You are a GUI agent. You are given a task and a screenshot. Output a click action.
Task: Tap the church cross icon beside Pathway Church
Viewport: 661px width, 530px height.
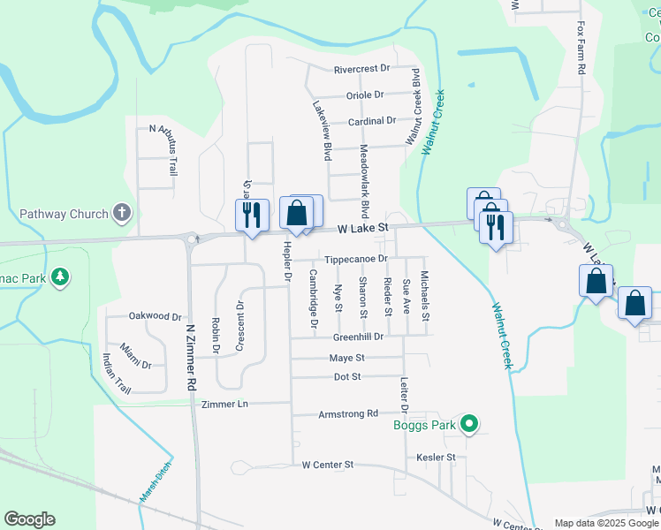pyautogui.click(x=123, y=213)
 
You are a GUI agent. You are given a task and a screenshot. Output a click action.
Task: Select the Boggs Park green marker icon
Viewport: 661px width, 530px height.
pyautogui.click(x=470, y=425)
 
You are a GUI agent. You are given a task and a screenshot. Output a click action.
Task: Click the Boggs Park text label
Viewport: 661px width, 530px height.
pyautogui.click(x=424, y=426)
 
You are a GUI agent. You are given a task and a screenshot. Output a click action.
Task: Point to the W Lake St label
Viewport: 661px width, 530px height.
pyautogui.click(x=363, y=228)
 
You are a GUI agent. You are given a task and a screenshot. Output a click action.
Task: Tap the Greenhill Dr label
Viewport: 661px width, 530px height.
pyautogui.click(x=358, y=337)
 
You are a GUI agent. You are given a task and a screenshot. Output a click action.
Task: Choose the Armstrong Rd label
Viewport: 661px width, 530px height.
pyautogui.click(x=348, y=413)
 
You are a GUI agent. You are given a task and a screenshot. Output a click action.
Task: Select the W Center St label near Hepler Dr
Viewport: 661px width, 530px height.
pyautogui.click(x=327, y=464)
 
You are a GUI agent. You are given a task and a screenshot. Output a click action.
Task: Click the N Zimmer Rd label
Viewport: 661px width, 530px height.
pyautogui.click(x=189, y=357)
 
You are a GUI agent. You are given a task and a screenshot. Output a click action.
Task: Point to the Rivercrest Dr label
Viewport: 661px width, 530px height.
pyautogui.click(x=361, y=70)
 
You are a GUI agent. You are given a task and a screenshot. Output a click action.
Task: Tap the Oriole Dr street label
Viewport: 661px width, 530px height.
pyautogui.click(x=365, y=95)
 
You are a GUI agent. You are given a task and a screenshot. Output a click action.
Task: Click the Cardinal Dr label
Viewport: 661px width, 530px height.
pyautogui.click(x=371, y=120)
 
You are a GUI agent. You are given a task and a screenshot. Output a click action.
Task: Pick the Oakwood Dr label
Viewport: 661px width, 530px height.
pyautogui.click(x=155, y=315)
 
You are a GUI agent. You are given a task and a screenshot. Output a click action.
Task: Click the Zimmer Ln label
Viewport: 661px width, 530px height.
pyautogui.click(x=225, y=404)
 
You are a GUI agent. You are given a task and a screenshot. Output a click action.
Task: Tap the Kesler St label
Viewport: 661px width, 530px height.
pyautogui.click(x=436, y=457)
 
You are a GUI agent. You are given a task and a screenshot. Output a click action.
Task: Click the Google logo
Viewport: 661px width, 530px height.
pyautogui.click(x=29, y=519)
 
